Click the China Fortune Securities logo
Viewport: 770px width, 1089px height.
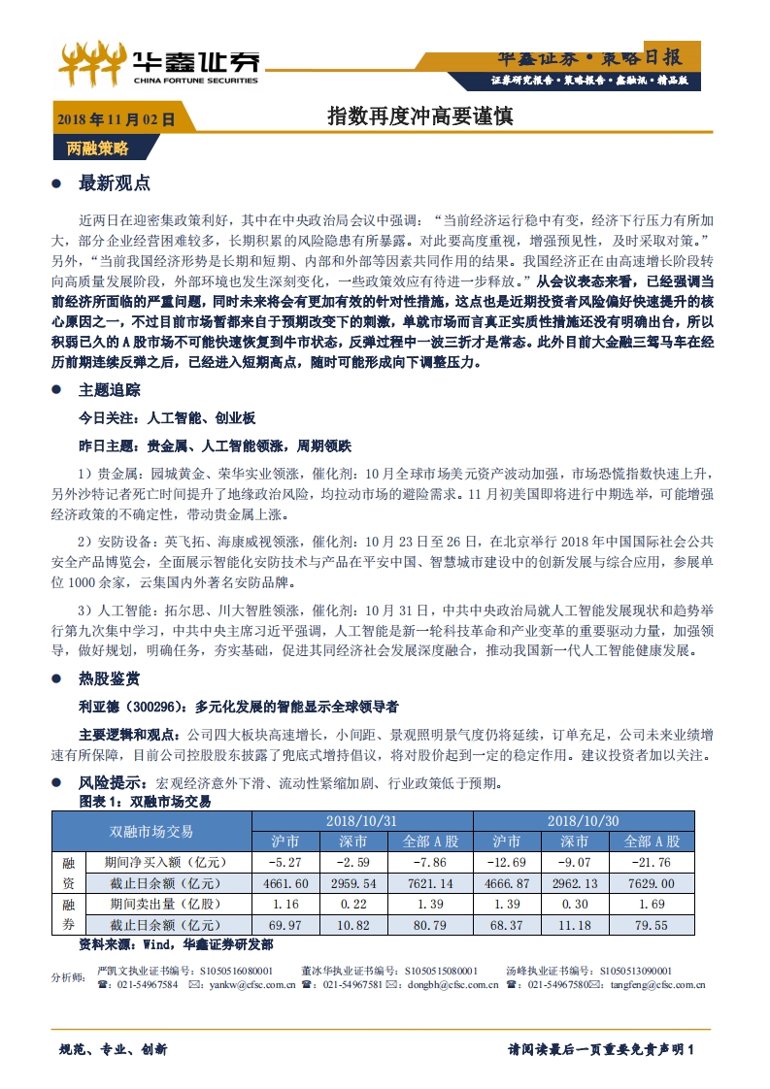pyautogui.click(x=159, y=63)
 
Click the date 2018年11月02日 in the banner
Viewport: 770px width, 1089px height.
pyautogui.click(x=116, y=120)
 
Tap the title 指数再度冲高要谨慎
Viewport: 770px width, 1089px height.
pyautogui.click(x=419, y=116)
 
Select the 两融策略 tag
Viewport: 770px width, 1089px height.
pyautogui.click(x=97, y=148)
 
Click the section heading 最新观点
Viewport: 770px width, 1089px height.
pyautogui.click(x=114, y=182)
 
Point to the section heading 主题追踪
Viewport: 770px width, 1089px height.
pyautogui.click(x=109, y=389)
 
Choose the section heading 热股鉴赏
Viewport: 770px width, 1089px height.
pyautogui.click(x=109, y=677)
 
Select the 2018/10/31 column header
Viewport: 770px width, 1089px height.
pyautogui.click(x=361, y=820)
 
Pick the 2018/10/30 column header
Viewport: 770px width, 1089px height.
pyautogui.click(x=583, y=820)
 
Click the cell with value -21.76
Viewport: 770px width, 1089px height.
pyautogui.click(x=651, y=862)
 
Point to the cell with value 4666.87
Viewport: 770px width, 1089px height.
pyautogui.click(x=505, y=883)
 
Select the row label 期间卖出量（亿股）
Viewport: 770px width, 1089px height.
pyautogui.click(x=168, y=904)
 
